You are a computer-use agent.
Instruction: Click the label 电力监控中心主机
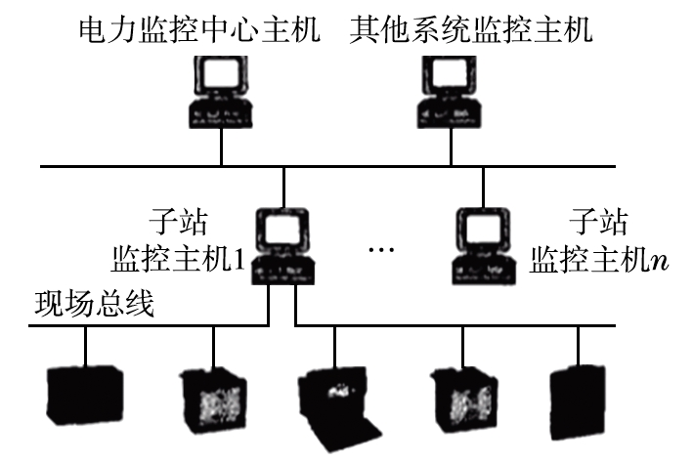(199, 31)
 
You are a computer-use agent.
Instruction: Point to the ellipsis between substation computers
(381, 252)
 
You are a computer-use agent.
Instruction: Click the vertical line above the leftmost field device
(86, 346)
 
